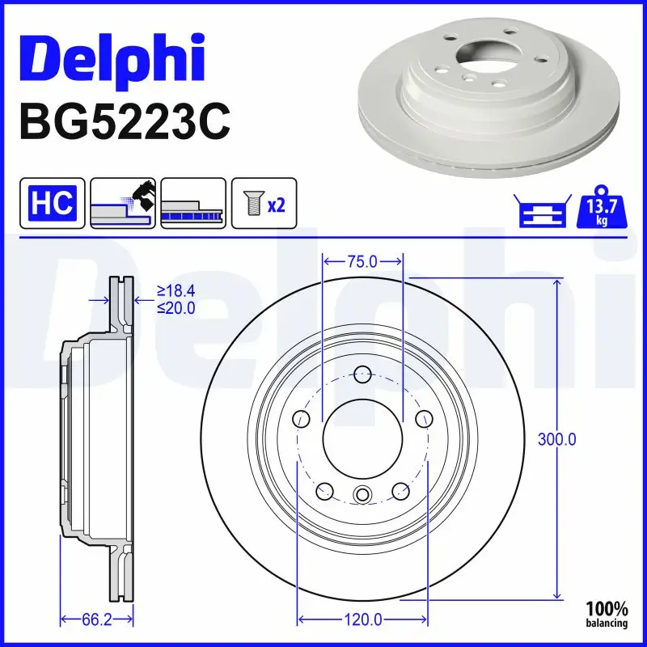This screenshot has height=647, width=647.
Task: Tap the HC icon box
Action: [x=53, y=203]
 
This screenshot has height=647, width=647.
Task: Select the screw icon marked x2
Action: [x=264, y=203]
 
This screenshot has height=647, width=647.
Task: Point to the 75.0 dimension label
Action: [x=362, y=261]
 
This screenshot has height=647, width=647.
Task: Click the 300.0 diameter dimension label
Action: [x=557, y=439]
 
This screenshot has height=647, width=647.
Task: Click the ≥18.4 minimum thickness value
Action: [x=177, y=290]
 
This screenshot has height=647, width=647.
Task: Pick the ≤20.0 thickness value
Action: [x=177, y=307]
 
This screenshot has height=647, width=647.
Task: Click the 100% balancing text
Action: [x=607, y=615]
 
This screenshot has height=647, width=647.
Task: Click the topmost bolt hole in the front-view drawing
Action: [x=362, y=374]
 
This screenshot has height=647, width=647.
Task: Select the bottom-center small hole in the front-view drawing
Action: [x=362, y=496]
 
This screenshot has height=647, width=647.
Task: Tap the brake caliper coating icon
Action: [x=122, y=203]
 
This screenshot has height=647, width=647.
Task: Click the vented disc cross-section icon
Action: [x=192, y=203]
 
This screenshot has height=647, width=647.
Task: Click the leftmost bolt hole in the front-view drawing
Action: [x=302, y=418]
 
